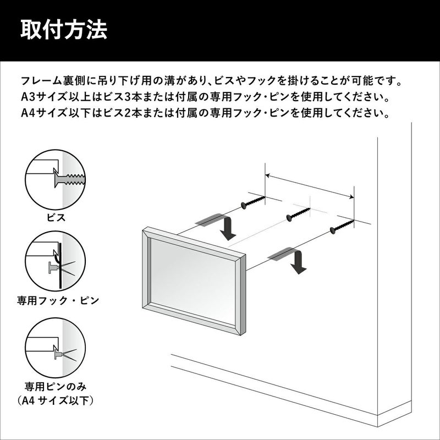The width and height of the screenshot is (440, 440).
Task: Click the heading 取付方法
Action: click(64, 30)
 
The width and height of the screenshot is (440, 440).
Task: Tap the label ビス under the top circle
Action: click(56, 217)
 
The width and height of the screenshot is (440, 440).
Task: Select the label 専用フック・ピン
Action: click(58, 300)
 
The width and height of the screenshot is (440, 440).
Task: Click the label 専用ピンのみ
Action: click(56, 387)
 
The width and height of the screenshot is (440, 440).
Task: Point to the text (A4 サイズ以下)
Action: click(56, 400)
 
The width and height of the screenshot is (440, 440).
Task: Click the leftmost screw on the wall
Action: click(252, 202)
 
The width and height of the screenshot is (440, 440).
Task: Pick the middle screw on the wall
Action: click(298, 213)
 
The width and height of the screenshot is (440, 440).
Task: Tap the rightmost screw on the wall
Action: click(342, 226)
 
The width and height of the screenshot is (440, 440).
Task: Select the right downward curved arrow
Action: click(292, 258)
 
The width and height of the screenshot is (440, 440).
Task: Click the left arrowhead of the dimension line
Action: click(268, 175)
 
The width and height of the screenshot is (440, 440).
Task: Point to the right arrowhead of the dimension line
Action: click(351, 197)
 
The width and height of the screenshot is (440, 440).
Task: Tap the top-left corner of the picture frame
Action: click(144, 229)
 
